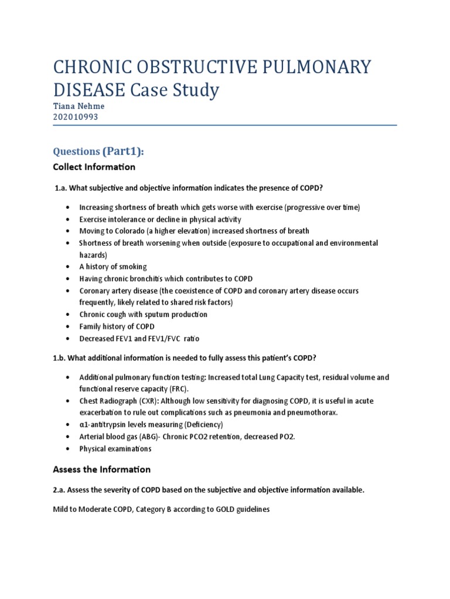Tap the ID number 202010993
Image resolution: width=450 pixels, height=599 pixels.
75,116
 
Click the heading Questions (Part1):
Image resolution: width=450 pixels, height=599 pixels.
98,152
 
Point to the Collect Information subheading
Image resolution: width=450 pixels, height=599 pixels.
94,167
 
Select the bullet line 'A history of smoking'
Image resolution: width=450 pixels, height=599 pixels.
113,267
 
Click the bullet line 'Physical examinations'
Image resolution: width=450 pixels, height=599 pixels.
115,449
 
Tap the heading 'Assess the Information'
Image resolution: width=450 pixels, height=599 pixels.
101,469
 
